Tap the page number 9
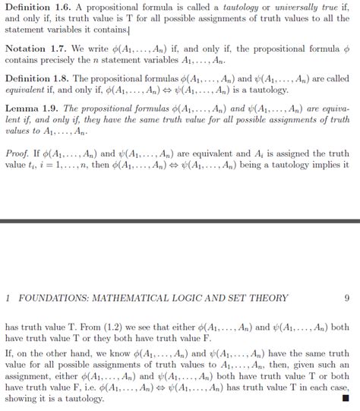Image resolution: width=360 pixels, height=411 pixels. click(346, 299)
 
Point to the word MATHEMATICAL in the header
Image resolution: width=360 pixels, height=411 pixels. click(134, 299)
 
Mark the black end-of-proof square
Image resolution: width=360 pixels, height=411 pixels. click(346, 397)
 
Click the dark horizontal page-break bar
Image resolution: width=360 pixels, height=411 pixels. click(180, 220)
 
